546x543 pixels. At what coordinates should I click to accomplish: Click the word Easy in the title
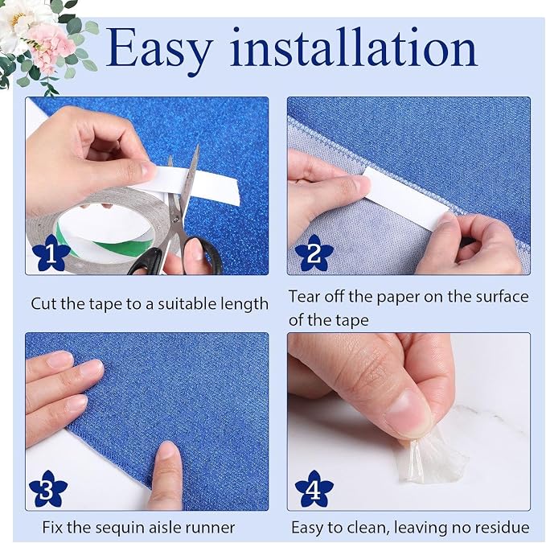coord(158,49)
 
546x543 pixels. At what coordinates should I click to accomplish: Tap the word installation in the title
coord(354,47)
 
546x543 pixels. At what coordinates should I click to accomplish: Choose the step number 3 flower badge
coord(48,488)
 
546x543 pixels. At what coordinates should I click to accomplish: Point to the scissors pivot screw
coord(175,220)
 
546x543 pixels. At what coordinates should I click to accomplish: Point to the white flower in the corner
coord(19,21)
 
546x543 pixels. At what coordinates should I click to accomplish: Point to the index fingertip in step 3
coord(170,451)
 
